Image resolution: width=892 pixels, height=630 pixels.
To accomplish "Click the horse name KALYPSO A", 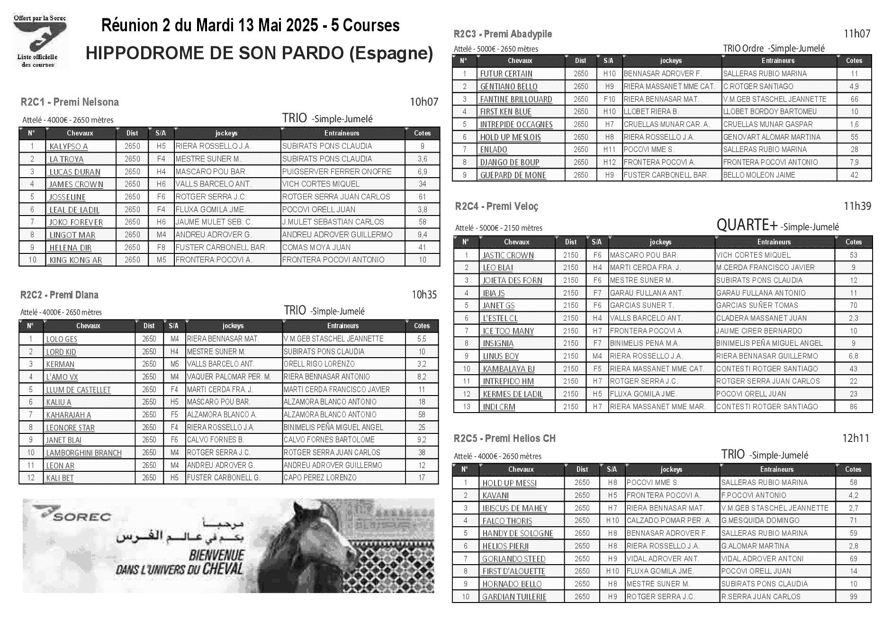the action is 69,147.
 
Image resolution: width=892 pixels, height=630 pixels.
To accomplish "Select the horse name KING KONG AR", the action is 76,260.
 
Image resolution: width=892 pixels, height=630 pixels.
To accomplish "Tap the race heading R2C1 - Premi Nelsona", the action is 70,102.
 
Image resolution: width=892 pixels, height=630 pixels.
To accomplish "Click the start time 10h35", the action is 423,295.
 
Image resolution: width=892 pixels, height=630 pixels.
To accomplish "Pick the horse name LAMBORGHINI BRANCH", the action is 84,453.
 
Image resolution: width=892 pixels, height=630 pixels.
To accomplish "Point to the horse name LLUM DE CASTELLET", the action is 78,390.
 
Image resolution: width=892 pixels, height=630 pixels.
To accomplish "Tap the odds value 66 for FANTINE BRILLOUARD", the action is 854,99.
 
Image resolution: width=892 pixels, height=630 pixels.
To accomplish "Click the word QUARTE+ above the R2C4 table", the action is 748,225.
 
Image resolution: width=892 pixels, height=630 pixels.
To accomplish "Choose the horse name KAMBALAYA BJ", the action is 508,369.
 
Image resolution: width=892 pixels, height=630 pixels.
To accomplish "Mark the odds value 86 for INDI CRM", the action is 854,406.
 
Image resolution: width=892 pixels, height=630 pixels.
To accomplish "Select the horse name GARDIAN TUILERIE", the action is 514,597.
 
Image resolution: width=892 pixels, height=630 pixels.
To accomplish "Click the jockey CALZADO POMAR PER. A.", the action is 668,521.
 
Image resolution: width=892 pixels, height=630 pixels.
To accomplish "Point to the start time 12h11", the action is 856,438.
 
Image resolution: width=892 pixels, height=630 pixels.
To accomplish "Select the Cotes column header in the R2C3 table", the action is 854,61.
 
